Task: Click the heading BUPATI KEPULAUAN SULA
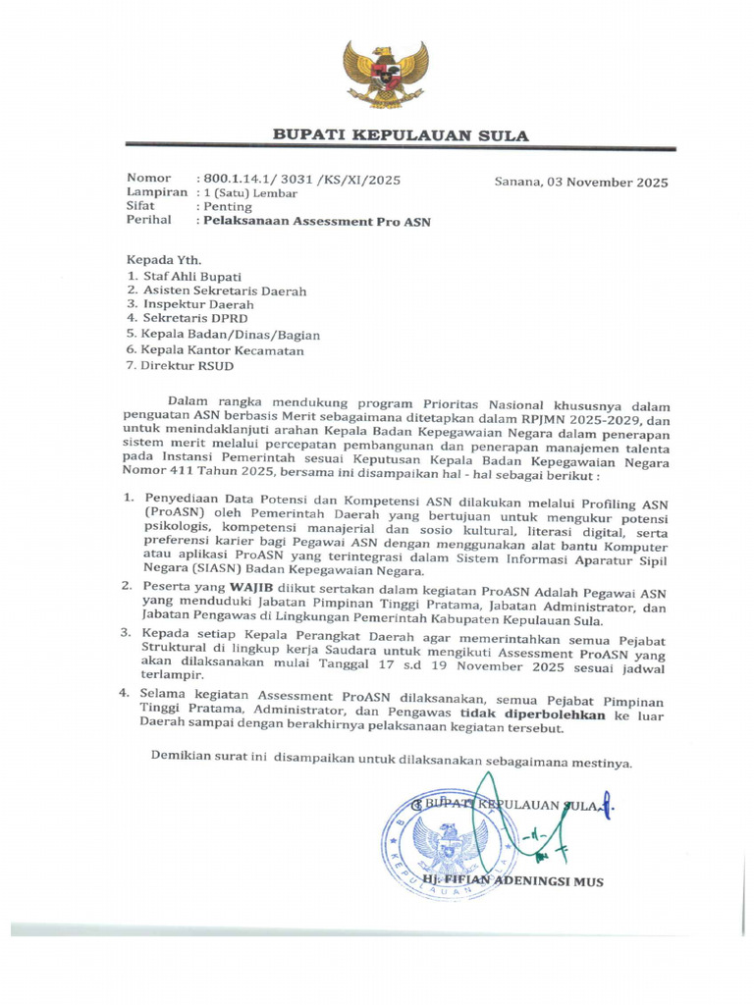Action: (x=401, y=135)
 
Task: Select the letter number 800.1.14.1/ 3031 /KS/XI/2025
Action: (x=299, y=180)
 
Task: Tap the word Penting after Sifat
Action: (x=227, y=207)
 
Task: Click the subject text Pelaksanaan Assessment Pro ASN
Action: (x=315, y=222)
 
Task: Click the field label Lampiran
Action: (x=156, y=192)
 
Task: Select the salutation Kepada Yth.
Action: (x=164, y=260)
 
